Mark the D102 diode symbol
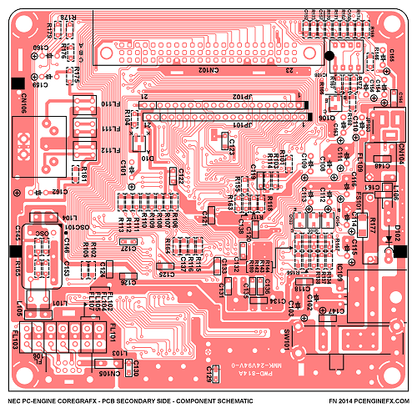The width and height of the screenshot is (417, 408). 389,248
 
